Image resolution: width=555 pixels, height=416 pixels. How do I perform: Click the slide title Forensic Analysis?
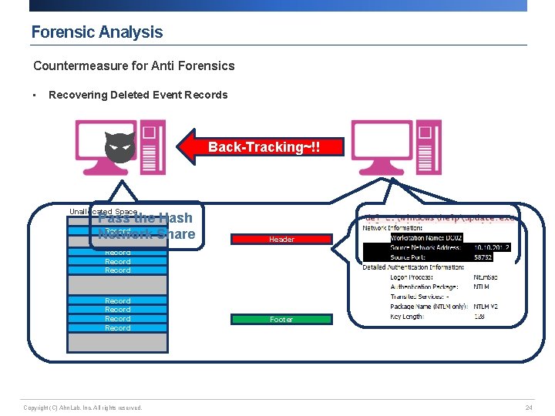click(x=96, y=32)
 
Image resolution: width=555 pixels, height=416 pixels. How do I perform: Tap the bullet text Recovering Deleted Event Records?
click(x=138, y=96)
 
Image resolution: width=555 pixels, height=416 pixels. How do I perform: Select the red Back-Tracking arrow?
click(x=254, y=146)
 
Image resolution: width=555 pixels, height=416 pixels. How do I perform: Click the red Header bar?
click(x=281, y=240)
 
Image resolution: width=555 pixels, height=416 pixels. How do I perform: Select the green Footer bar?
click(x=281, y=319)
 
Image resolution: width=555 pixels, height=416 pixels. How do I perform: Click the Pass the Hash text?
click(x=146, y=218)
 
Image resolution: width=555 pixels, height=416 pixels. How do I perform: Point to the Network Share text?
click(x=146, y=234)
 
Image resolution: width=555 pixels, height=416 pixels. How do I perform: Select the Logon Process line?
click(x=440, y=277)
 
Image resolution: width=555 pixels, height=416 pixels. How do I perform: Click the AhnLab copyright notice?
click(x=82, y=408)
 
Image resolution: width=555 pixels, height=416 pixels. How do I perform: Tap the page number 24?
click(x=529, y=408)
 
